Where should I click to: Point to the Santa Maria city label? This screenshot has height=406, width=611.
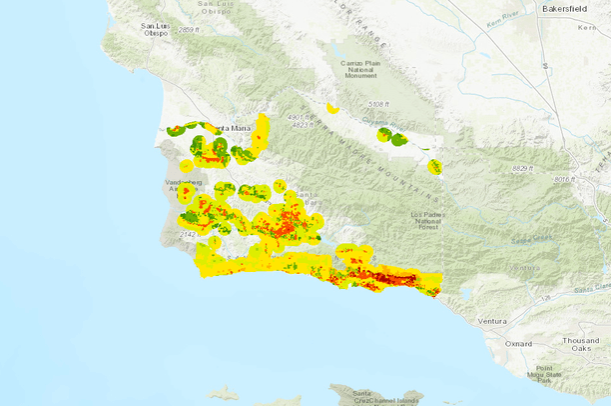[x=237, y=127]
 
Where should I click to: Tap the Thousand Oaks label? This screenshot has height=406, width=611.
[x=580, y=345]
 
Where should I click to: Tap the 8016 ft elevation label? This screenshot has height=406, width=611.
[x=566, y=179]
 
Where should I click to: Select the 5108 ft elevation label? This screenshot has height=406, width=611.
[x=378, y=104]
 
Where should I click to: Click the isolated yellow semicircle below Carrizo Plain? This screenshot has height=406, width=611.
[x=332, y=107]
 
